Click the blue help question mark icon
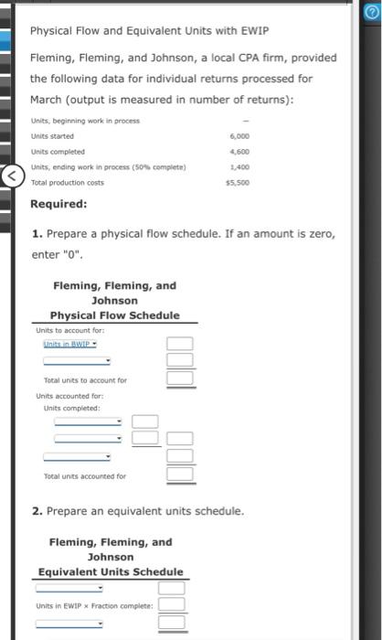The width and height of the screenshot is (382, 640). coord(371,10)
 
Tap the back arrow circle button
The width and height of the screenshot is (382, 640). coord(11,175)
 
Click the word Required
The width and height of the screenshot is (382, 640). coord(59,204)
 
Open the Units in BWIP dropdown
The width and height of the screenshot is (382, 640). coord(72,345)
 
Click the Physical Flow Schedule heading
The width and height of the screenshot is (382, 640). coord(114,315)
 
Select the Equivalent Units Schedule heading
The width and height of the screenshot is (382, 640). coord(111,572)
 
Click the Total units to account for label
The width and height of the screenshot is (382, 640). coord(85,379)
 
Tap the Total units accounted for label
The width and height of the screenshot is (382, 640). coord(85,475)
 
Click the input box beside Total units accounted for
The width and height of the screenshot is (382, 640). coord(180,474)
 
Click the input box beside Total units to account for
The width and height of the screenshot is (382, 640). coord(180,378)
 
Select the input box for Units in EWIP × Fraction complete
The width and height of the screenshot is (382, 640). coord(172,605)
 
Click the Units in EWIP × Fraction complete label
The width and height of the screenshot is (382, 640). coord(95,606)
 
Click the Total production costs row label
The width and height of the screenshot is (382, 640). coord(67,183)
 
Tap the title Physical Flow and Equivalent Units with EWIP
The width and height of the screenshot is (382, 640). coord(149,30)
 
